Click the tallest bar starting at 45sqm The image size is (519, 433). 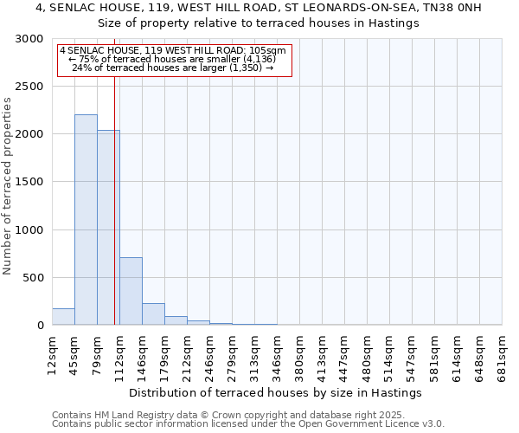(x=86, y=220)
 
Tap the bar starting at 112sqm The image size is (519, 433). (x=131, y=291)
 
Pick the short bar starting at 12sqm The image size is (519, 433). (x=63, y=317)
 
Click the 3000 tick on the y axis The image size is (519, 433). (x=31, y=39)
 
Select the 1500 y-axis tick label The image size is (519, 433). (x=31, y=182)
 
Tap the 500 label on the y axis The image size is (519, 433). (x=35, y=278)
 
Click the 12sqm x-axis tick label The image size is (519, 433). (x=53, y=353)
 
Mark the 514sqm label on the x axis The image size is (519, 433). (x=390, y=353)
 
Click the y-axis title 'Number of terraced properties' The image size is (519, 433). (x=8, y=186)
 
